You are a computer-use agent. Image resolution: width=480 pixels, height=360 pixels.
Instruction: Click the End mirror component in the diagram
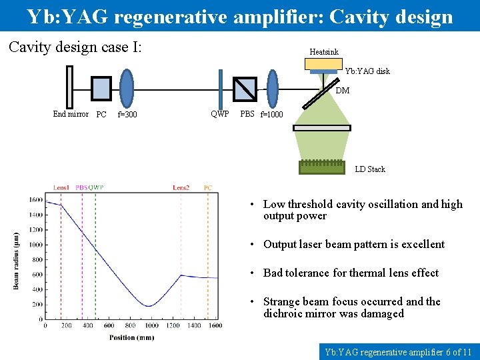69,87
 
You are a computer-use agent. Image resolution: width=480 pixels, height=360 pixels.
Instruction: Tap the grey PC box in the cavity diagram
101,87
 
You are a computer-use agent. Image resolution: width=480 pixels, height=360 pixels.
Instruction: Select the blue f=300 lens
127,87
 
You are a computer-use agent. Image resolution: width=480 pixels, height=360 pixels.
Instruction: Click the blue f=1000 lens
273,87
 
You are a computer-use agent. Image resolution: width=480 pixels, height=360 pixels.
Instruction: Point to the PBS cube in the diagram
245,87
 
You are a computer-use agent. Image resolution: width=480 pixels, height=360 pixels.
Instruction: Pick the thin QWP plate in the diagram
221,87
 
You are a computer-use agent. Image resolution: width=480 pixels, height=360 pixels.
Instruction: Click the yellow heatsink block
323,63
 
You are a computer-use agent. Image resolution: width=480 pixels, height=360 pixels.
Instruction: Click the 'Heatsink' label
324,51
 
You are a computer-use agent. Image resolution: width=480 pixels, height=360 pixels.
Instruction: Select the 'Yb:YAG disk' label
367,71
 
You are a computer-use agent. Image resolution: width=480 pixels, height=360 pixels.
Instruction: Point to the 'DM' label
342,91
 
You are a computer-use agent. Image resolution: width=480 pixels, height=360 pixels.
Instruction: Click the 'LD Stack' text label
370,169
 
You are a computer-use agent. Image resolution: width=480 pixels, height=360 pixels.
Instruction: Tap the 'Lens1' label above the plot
61,187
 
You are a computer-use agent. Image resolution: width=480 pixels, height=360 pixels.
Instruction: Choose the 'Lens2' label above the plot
181,187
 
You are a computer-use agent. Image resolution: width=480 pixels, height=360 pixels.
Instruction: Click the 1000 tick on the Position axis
151,325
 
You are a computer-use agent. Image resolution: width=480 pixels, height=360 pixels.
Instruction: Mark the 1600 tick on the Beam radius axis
35,201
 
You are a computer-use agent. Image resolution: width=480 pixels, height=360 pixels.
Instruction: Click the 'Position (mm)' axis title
132,337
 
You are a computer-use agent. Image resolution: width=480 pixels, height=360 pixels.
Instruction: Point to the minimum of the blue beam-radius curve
151,306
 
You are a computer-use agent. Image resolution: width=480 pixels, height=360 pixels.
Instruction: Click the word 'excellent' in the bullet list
420,244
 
